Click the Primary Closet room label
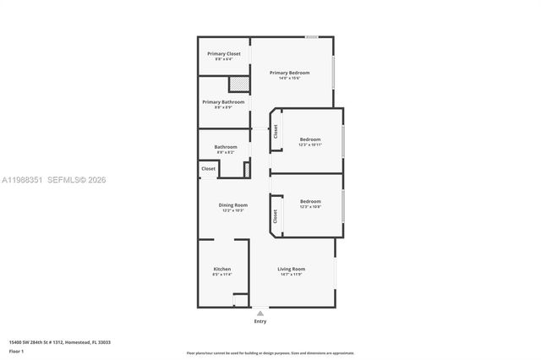pyautogui.click(x=224, y=54)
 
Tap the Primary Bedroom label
pyautogui.click(x=289, y=73)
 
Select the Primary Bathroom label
pyautogui.click(x=223, y=102)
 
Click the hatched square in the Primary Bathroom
pyautogui.click(x=240, y=84)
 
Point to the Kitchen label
pyautogui.click(x=221, y=270)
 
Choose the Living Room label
pyautogui.click(x=290, y=270)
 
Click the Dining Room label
pyautogui.click(x=232, y=205)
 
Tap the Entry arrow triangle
pyautogui.click(x=260, y=313)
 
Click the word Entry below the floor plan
pyautogui.click(x=260, y=322)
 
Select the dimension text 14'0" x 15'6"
pyautogui.click(x=289, y=78)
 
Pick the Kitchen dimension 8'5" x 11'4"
pyautogui.click(x=221, y=275)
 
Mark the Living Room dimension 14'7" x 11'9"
pyautogui.click(x=290, y=275)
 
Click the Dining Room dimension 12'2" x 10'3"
pyautogui.click(x=232, y=210)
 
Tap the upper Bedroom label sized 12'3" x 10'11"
pyautogui.click(x=310, y=139)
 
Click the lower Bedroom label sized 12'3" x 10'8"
pyautogui.click(x=310, y=201)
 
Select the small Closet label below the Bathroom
pyautogui.click(x=209, y=169)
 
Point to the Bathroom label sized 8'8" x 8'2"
pyautogui.click(x=225, y=147)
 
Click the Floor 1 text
pyautogui.click(x=17, y=351)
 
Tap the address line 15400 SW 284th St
pyautogui.click(x=59, y=342)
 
